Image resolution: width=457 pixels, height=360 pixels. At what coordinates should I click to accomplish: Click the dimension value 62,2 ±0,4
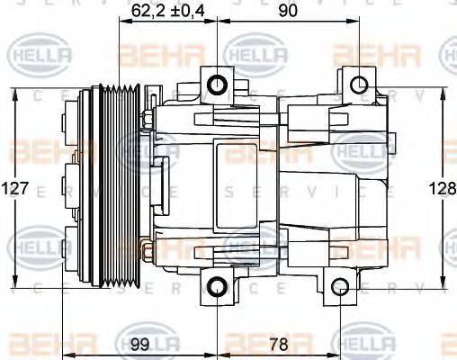point(168,10)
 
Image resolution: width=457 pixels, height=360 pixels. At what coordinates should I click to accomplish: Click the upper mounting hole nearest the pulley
point(217,85)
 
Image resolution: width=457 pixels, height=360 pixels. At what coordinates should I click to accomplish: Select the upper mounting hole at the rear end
point(358,85)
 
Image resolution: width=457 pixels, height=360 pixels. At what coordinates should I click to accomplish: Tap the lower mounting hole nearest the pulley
point(217,288)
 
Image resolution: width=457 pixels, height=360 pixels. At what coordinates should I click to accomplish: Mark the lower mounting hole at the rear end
point(339,288)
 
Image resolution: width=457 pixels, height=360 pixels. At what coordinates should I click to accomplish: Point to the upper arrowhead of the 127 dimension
point(15,93)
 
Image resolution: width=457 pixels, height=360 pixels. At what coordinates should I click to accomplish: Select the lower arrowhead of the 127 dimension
point(15,284)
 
